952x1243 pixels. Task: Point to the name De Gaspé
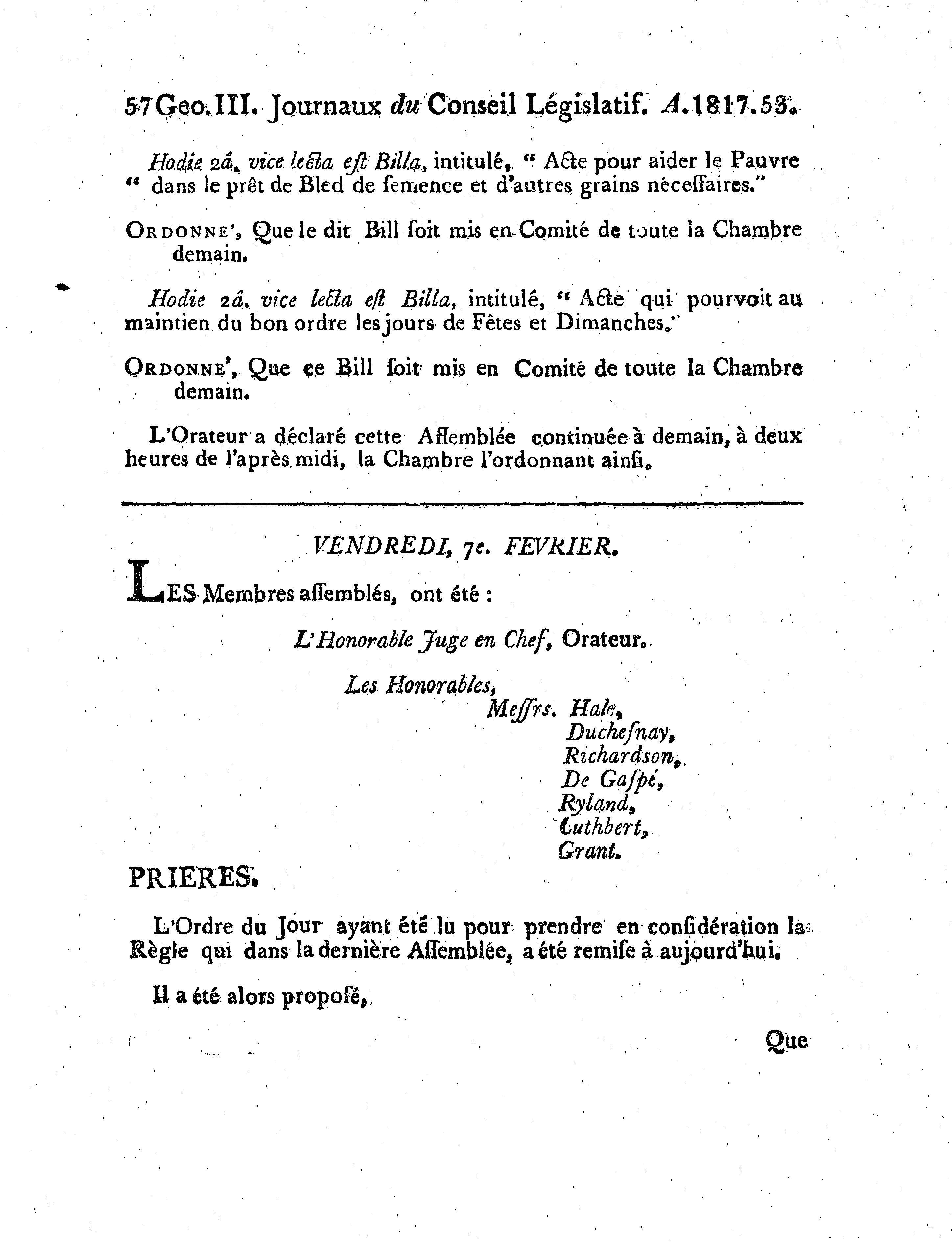[x=611, y=780]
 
